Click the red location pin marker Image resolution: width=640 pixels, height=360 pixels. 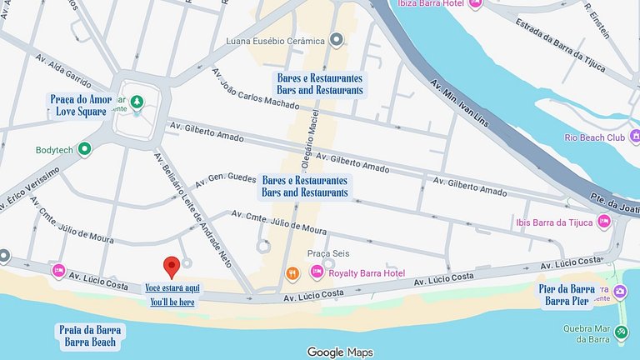pos(172,267)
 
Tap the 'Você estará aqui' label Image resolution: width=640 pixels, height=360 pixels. pos(172,287)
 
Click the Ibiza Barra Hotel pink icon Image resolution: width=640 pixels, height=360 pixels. pos(475,2)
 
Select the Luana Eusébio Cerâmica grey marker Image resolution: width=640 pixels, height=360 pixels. pos(337,39)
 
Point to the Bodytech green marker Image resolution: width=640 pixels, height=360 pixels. pos(83,149)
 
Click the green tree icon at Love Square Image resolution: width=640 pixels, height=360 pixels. pos(137,102)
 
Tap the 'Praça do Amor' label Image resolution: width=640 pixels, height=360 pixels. pos(80,99)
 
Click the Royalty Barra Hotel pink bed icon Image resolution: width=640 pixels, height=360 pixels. pos(317,272)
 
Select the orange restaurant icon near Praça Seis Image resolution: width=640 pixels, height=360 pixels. pos(292,272)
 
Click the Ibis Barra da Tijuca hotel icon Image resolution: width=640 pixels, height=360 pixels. pos(603,221)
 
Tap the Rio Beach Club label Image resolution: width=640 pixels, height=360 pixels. pos(594,137)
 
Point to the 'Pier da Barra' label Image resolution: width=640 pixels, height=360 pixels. pos(567,290)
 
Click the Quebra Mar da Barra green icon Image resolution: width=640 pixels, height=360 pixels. pos(621,332)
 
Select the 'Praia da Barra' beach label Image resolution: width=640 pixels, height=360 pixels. pos(90,329)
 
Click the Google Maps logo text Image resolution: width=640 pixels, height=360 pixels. pos(340,352)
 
